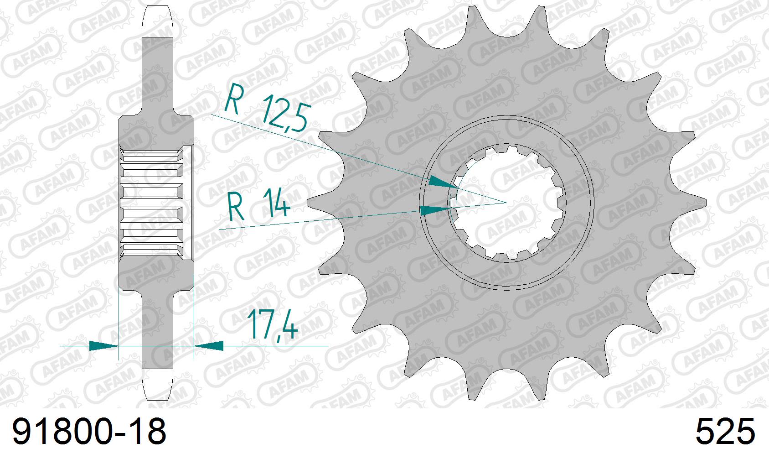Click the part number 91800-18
89,432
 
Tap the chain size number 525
725,432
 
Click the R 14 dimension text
258,207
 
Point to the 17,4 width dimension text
272,324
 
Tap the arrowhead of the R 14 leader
434,210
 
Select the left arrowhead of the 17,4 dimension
103,346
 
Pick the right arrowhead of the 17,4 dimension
209,346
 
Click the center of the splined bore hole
506,202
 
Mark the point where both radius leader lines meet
506,202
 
